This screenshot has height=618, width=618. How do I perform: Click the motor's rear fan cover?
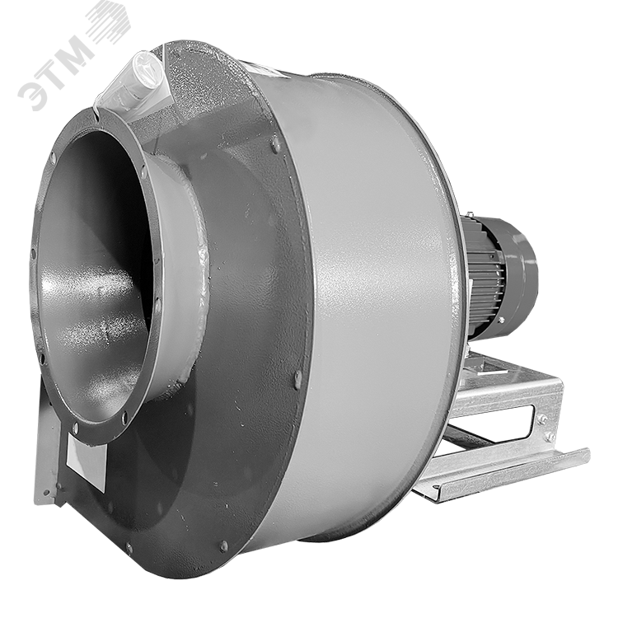521,267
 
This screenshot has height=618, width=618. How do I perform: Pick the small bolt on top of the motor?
471,215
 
